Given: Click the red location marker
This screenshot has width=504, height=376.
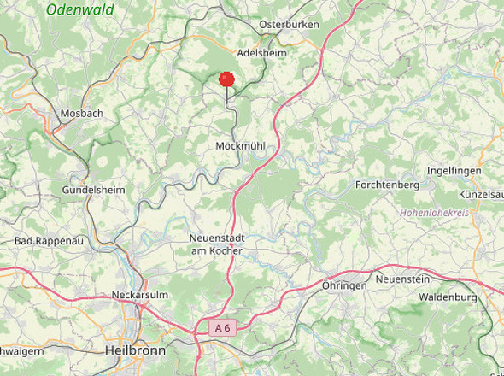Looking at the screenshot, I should tap(226, 79).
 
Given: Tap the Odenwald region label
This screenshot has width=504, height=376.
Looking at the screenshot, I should tap(80, 9).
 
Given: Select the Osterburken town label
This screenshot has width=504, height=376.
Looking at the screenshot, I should tap(289, 24).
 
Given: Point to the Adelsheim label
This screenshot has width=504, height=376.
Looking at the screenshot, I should tap(261, 52).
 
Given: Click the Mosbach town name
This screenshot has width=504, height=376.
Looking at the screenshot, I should tap(82, 113).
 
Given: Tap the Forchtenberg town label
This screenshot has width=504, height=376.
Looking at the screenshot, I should tap(387, 185).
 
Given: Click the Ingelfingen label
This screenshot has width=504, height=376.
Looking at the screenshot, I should tap(454, 171).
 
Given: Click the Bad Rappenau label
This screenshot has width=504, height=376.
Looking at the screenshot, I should tap(49, 242).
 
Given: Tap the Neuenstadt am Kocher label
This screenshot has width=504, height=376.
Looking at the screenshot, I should tap(216, 244).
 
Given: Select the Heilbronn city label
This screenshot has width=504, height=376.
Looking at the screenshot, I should tap(133, 350).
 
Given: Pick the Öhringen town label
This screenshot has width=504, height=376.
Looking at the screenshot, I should tap(344, 285).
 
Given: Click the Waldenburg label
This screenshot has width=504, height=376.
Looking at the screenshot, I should tap(448, 297).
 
